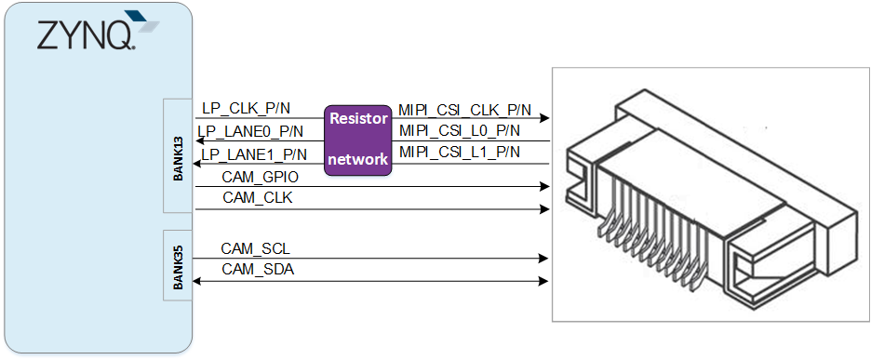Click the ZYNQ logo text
point(85,36)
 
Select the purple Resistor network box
point(358,140)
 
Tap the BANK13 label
point(178,158)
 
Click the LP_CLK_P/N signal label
point(246,108)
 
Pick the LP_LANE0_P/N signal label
point(251,131)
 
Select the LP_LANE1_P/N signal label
point(254,153)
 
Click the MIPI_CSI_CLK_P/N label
point(465,110)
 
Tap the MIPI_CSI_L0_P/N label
point(460,131)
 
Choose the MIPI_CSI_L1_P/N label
point(460,153)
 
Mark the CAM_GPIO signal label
point(260,178)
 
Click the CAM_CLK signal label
point(257,198)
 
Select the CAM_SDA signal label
point(258,270)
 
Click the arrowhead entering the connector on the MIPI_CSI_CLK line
point(545,118)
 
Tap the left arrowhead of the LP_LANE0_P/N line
point(196,141)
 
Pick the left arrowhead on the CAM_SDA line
point(196,281)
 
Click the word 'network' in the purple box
point(358,159)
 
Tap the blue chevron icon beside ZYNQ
point(141,22)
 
